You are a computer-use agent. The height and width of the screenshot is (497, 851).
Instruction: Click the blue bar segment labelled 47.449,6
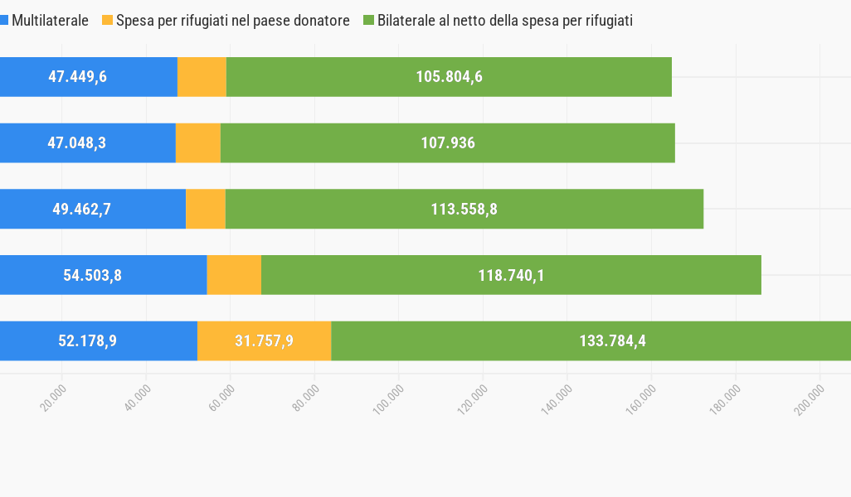coord(88,77)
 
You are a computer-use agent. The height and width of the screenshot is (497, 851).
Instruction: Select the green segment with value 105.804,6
coord(449,77)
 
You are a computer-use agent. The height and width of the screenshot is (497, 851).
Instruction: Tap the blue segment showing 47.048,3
coord(87,142)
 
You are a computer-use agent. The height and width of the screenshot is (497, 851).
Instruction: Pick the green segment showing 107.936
coord(448,142)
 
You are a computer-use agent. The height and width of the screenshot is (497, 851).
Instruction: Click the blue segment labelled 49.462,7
coord(92,209)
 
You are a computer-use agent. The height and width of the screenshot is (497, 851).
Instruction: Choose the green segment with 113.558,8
coord(464,209)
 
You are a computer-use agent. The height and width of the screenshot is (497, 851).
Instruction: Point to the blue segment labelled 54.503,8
coord(103,275)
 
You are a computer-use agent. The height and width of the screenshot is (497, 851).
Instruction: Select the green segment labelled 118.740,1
coord(511,275)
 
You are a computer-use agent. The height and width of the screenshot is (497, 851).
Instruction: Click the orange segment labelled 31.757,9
coord(264,340)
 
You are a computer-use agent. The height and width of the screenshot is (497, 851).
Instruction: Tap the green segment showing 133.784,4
coord(591,340)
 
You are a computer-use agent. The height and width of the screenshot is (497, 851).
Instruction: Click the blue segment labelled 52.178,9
coord(98,340)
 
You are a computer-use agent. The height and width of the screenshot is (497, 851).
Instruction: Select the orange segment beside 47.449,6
coord(202,77)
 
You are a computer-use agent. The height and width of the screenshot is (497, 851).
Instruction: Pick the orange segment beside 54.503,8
coord(234,275)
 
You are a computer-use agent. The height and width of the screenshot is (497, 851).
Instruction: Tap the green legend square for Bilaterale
coord(369,21)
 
